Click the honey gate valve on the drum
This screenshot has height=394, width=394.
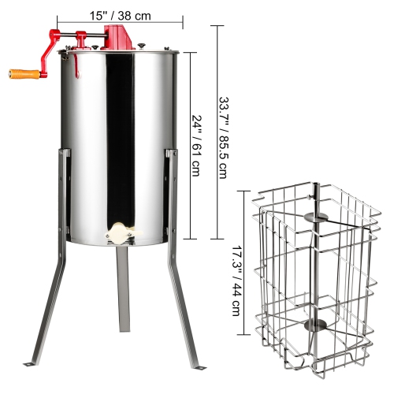pyautogui.click(x=118, y=232)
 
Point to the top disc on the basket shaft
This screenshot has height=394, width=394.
pyautogui.click(x=314, y=215)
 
